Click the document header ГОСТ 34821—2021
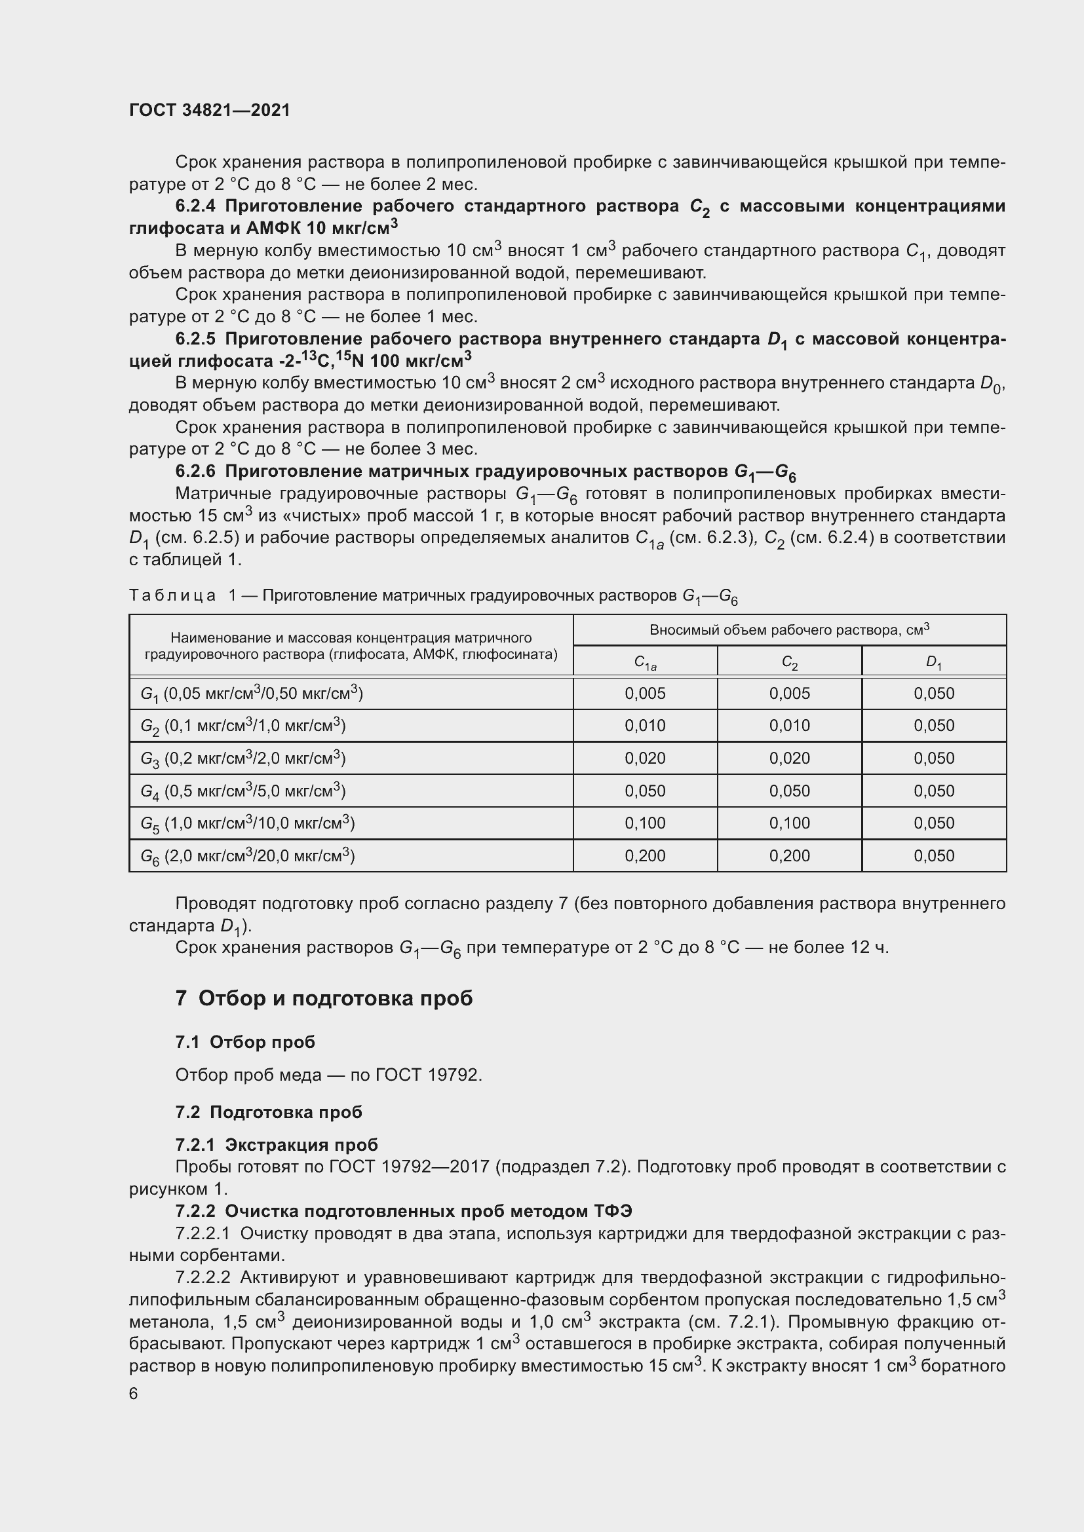(x=210, y=110)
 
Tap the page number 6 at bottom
(x=134, y=1393)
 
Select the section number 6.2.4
(x=195, y=206)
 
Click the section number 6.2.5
(x=195, y=339)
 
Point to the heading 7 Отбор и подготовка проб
(x=324, y=998)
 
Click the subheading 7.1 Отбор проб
(x=245, y=1042)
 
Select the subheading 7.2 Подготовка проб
(x=268, y=1112)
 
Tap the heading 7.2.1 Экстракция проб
(x=277, y=1145)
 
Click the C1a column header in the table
(x=645, y=662)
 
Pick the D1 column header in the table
(x=933, y=662)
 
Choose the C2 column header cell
(x=789, y=662)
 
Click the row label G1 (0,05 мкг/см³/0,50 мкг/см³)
(x=252, y=694)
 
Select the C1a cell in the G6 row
(x=645, y=855)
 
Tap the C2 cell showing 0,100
(x=789, y=823)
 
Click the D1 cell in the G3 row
(x=933, y=758)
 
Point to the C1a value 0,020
(x=645, y=758)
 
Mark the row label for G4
(x=243, y=791)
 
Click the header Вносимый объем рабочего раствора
(x=789, y=630)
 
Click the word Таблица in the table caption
(x=172, y=595)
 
